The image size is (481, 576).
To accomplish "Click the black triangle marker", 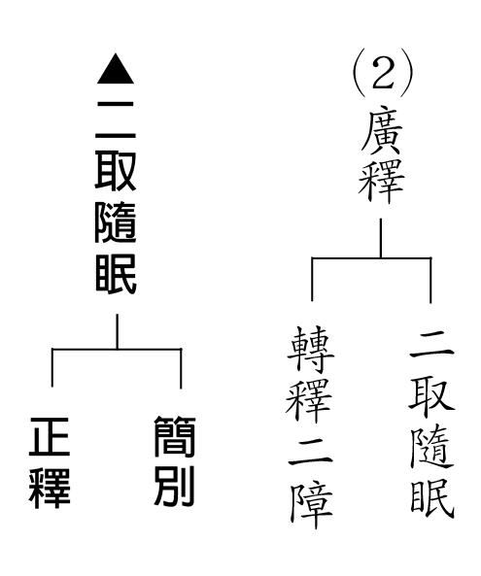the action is coord(116,69).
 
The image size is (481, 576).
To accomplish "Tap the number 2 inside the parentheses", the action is coord(382,73).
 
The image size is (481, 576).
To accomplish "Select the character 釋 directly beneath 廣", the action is coord(382,180).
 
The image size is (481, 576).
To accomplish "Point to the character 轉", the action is coord(311,350).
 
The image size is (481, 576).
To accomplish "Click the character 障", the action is coord(311,506).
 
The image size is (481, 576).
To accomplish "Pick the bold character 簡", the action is coord(174,437).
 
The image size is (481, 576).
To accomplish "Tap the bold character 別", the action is coord(174,487).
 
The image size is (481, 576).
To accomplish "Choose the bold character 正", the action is coord(50,437).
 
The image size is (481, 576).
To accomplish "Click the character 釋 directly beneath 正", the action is coord(50,487).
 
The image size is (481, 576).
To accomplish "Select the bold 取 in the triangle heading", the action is coord(116,171).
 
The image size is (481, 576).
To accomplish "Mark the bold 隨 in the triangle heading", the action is coord(116,223).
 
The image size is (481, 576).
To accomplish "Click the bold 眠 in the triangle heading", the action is coord(116,275).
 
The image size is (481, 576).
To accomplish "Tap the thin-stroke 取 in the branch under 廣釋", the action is coord(431,398).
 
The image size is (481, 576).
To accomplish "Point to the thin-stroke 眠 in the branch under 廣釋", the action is coord(432,498).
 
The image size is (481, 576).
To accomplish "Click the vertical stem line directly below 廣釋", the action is coord(381,238).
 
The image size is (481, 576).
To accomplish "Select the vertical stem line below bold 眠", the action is coord(118,331).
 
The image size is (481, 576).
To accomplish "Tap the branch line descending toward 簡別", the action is coord(181,368).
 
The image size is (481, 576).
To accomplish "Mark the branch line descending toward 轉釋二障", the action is coord(312,279).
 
